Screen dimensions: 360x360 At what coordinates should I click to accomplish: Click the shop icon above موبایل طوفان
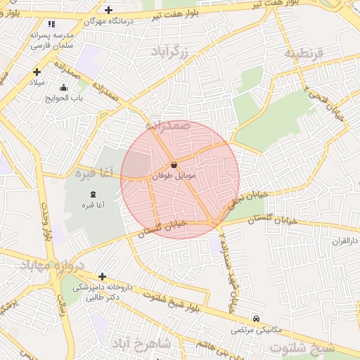174,165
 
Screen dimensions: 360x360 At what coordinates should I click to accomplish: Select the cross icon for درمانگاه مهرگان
108,10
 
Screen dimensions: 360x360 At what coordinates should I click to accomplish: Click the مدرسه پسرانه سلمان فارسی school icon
51,25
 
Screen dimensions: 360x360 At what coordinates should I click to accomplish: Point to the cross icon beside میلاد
37,72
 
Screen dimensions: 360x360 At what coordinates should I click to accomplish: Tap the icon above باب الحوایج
64,88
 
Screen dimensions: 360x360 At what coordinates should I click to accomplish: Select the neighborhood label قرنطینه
303,53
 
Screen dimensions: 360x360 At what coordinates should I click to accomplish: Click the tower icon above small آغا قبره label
94,194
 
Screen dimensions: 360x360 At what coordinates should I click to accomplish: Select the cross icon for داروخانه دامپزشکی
103,276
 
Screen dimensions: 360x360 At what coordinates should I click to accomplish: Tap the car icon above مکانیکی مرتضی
255,319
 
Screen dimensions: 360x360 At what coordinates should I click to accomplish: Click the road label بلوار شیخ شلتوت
176,303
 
